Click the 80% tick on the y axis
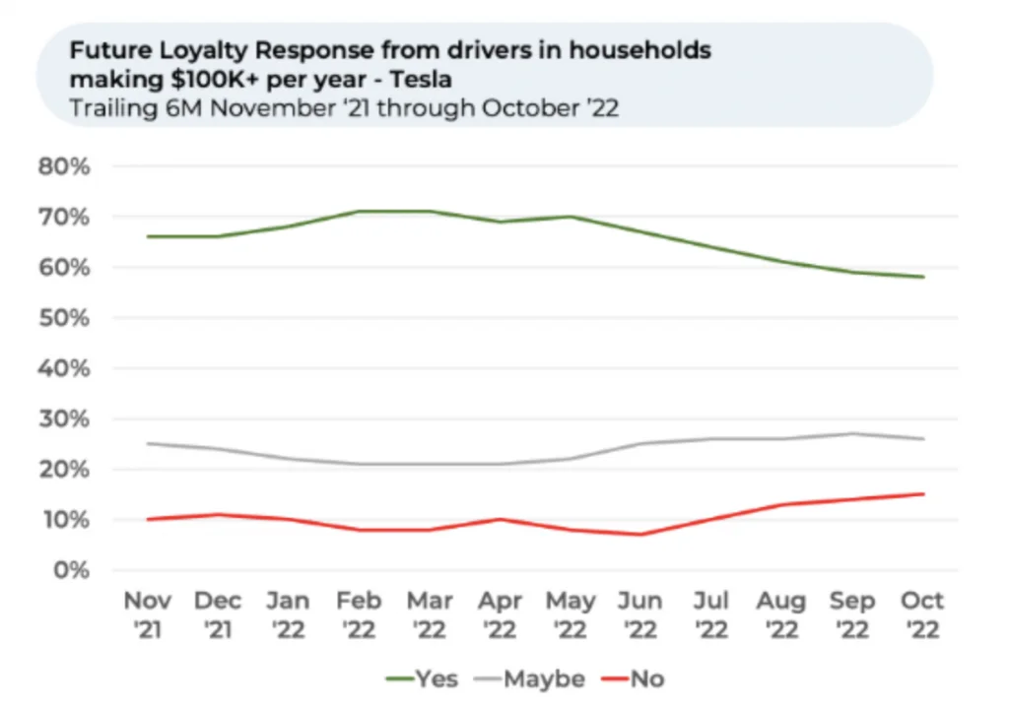pos(64,166)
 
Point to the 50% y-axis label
pos(64,318)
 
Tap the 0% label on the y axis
pos(71,570)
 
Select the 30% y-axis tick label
pos(64,419)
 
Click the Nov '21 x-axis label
pos(148,614)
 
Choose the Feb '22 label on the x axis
pos(360,614)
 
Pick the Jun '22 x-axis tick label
pos(641,614)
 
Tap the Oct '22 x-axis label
pos(922,614)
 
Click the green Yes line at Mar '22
pos(431,211)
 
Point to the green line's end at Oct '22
pos(923,277)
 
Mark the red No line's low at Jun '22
pos(641,535)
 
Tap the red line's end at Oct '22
pos(923,494)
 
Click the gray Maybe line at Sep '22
pos(852,433)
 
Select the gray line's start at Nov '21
pos(149,443)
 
